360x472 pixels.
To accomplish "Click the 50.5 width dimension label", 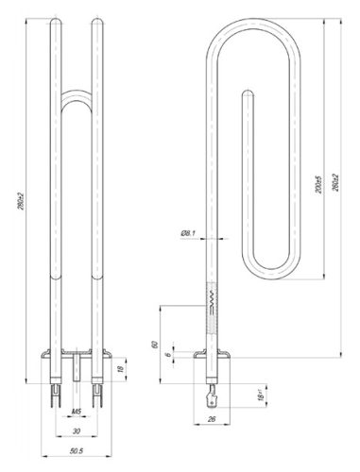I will [x=76, y=451].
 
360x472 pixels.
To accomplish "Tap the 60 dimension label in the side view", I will [x=157, y=345].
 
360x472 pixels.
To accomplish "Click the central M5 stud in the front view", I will [x=76, y=363].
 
